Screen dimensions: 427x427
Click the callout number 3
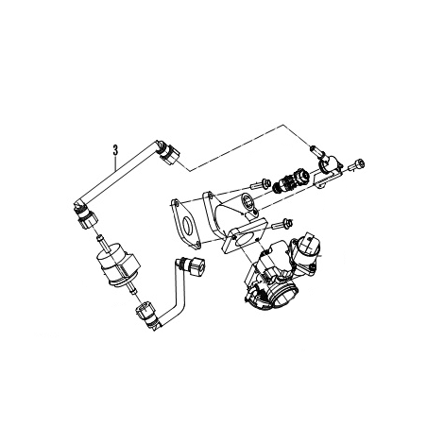115,150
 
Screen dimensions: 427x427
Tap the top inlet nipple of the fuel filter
101,241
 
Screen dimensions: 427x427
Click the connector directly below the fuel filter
145,313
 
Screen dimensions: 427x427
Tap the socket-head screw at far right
357,166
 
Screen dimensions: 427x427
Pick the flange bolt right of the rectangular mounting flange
282,223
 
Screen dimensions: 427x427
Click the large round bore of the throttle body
285,295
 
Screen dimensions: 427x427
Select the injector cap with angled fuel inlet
328,166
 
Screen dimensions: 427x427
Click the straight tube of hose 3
117,172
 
